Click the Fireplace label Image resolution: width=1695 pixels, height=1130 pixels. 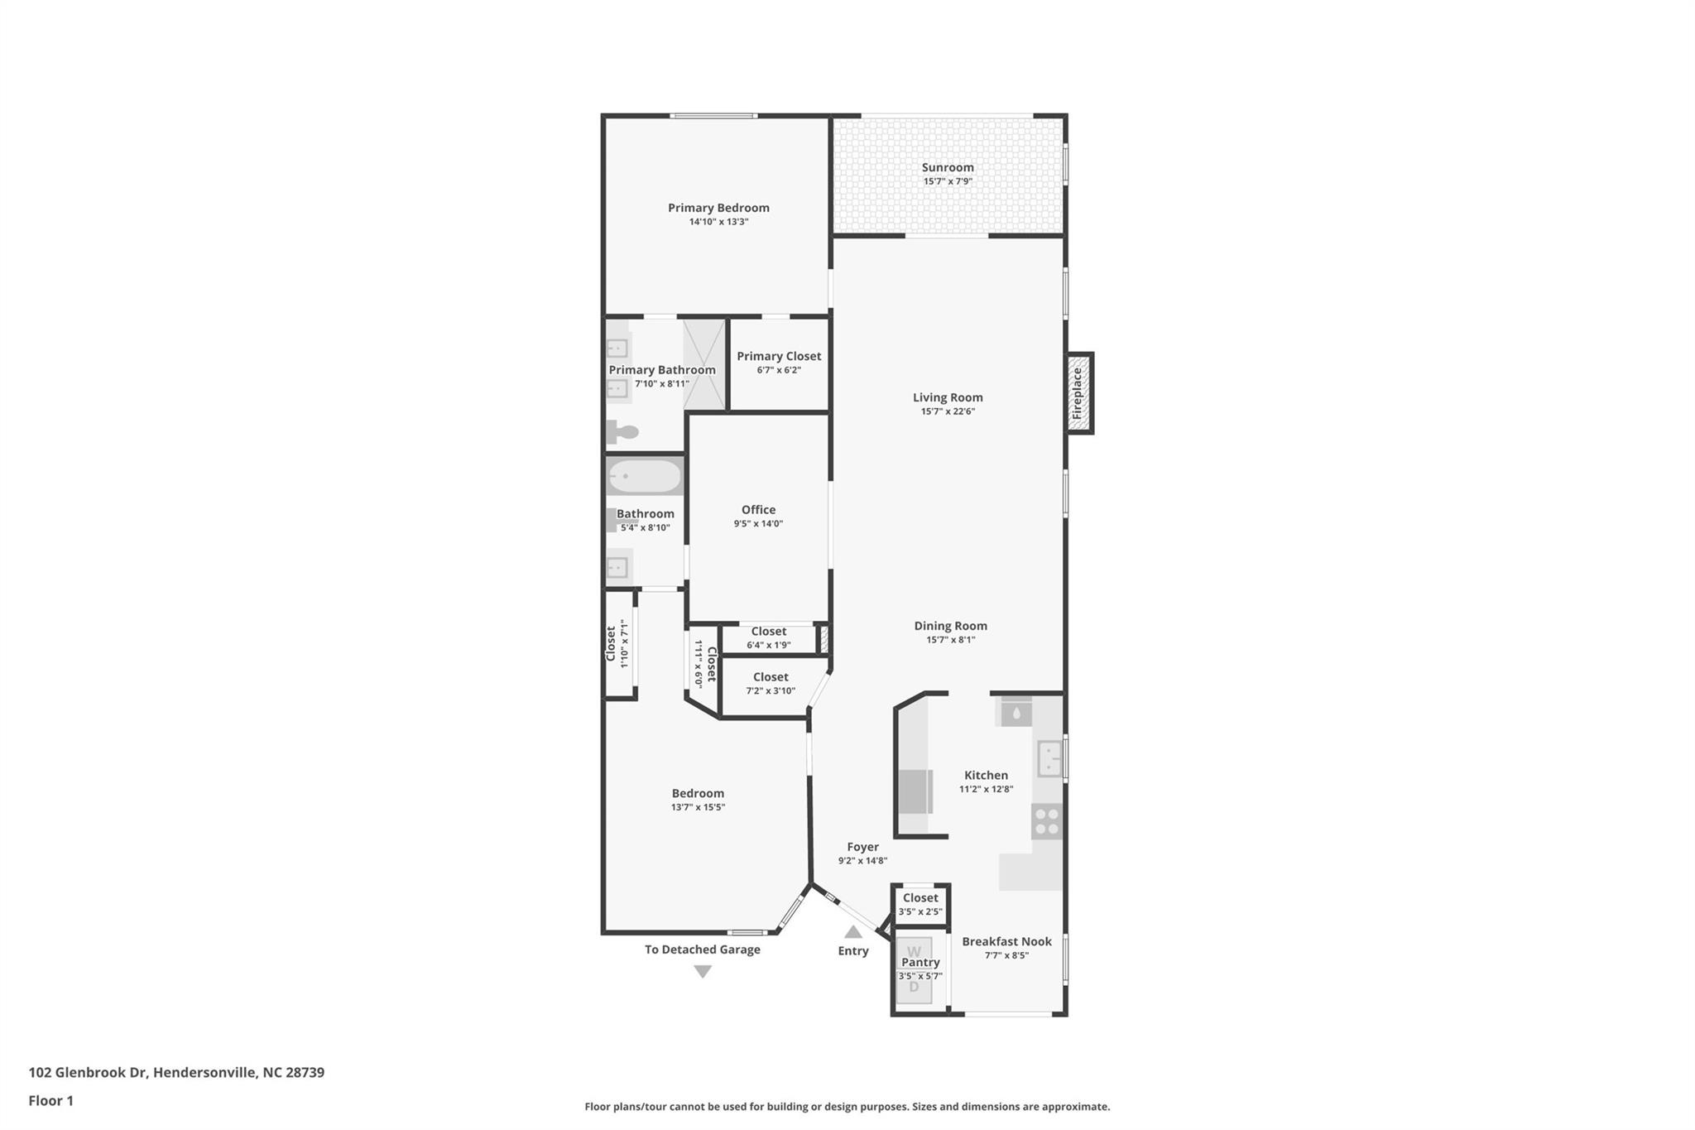click(1078, 392)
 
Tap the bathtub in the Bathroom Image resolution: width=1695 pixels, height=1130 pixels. click(644, 477)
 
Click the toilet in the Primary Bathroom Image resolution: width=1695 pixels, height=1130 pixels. click(622, 431)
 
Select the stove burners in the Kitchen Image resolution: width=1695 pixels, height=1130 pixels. click(1047, 820)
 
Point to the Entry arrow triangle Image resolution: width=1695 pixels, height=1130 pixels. click(853, 932)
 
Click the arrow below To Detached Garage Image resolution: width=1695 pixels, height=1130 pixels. click(703, 972)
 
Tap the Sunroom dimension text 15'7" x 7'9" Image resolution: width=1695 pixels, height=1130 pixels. click(948, 181)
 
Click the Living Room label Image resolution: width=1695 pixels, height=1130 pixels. click(948, 397)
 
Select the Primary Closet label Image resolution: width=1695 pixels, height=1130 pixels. click(779, 356)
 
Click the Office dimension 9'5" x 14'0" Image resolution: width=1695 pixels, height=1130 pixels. click(758, 523)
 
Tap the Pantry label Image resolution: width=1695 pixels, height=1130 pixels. click(920, 962)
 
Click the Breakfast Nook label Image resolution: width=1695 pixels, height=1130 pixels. click(1006, 941)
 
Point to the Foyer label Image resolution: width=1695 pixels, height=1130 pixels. click(862, 847)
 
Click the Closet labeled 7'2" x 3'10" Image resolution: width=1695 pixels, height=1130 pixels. click(771, 677)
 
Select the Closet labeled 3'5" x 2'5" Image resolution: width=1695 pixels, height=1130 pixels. click(920, 898)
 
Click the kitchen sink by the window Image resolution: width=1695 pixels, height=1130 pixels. click(1049, 757)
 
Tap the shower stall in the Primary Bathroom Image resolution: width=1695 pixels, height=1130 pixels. click(703, 364)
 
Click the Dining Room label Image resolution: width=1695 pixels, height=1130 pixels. click(950, 626)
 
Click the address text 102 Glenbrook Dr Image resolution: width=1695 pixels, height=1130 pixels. click(88, 1073)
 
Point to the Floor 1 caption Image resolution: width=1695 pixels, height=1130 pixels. click(50, 1101)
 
